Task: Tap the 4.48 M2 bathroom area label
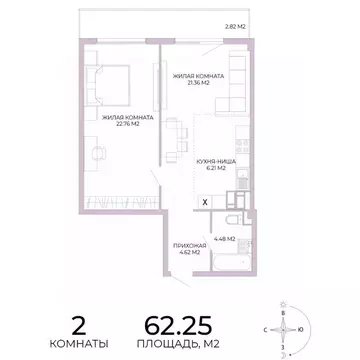tap(224, 239)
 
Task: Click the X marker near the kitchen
tap(205, 201)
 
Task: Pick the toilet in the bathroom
tap(229, 221)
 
